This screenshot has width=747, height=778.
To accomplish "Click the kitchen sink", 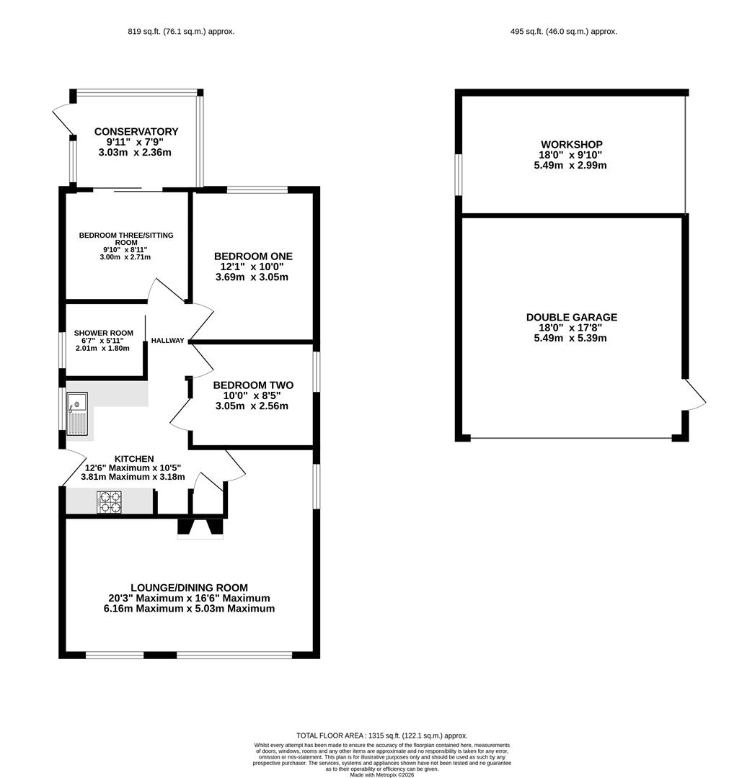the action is pos(77,413).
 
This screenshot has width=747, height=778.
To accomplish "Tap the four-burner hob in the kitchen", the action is pos(110,501).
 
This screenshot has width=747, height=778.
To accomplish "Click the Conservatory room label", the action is pos(136,132).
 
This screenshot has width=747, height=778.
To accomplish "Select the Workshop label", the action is pos(572,144).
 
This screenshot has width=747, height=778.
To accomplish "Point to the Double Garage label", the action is pos(572,317).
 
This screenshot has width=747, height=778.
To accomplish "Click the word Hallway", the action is pos(167,340).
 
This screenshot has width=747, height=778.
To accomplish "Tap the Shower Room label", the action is pos(103,333).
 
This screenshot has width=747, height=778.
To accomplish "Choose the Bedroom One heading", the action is pos(253,256).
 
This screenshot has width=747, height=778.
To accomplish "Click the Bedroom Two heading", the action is pos(253,385).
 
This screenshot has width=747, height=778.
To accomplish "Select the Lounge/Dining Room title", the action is pos(189,588).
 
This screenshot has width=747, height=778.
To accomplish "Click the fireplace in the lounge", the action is pos(200,529).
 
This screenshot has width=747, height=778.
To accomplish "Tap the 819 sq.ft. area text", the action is pos(181,31).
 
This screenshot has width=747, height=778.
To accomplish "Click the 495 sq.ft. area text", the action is pos(564,31).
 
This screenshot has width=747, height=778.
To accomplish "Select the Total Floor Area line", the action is pos(382,735).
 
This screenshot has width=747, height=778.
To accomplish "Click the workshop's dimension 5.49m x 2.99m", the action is pos(570,165).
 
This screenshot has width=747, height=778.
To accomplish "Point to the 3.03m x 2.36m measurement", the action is pos(135,152).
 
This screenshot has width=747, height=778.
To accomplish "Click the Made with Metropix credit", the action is pos(382,774).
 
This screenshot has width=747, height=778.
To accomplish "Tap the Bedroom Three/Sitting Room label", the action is pos(126,238).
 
